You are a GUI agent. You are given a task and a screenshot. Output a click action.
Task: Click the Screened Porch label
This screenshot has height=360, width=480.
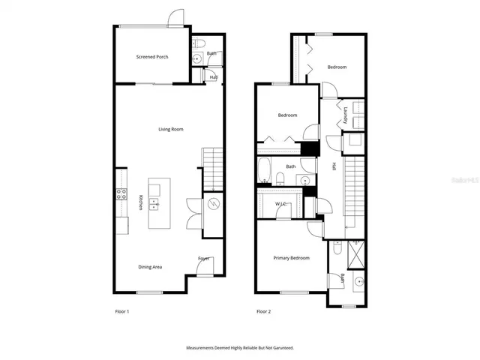coord(151,57)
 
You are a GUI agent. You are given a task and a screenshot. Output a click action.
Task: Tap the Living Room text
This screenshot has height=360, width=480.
coord(170,130)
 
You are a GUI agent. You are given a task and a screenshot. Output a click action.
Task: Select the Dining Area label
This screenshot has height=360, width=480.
coord(150,267)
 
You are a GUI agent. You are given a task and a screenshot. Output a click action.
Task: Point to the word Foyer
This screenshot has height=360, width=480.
coord(203,259)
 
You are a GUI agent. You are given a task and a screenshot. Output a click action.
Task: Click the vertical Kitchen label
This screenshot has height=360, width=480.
coord(140,202)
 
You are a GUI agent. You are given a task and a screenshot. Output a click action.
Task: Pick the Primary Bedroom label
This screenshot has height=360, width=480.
coord(291,258)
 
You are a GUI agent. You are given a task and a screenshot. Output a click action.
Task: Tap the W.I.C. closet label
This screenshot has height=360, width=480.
coord(282,203)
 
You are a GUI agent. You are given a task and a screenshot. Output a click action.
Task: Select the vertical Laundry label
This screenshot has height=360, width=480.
coord(345,115)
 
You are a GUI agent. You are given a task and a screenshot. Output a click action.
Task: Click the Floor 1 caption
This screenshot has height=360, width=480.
coord(121,310)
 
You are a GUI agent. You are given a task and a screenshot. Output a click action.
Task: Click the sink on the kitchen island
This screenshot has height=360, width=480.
coord(154,202)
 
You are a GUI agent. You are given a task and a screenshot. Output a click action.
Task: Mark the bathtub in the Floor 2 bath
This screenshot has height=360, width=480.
coord(265,170)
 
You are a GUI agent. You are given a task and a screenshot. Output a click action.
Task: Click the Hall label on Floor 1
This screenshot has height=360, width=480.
coord(213,76)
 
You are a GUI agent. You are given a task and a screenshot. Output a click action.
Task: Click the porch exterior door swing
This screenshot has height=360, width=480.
coord(175,19)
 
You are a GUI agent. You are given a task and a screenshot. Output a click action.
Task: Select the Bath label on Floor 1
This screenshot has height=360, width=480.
coord(211,53)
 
